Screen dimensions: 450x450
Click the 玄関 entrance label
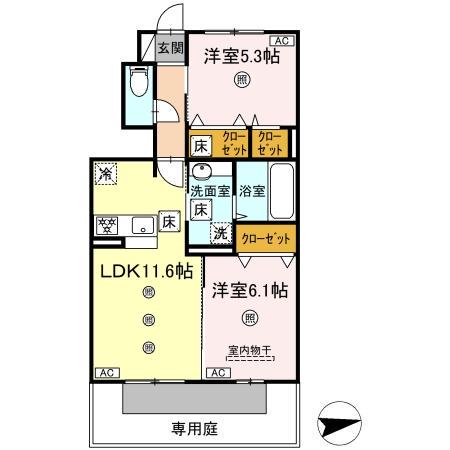coord(170,48)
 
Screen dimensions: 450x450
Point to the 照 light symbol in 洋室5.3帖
coord(241,82)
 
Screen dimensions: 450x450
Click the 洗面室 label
coord(212,191)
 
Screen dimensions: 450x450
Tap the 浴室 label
coord(251,191)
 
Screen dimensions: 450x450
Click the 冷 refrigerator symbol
coord(106,174)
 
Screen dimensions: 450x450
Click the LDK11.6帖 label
coord(145,270)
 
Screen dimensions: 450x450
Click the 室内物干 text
coord(249,350)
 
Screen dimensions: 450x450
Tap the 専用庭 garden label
coord(192,431)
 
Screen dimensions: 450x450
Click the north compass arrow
coord(342,421)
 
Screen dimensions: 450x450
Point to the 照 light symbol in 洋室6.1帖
coord(249,319)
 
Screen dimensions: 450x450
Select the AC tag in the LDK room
coord(104,373)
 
